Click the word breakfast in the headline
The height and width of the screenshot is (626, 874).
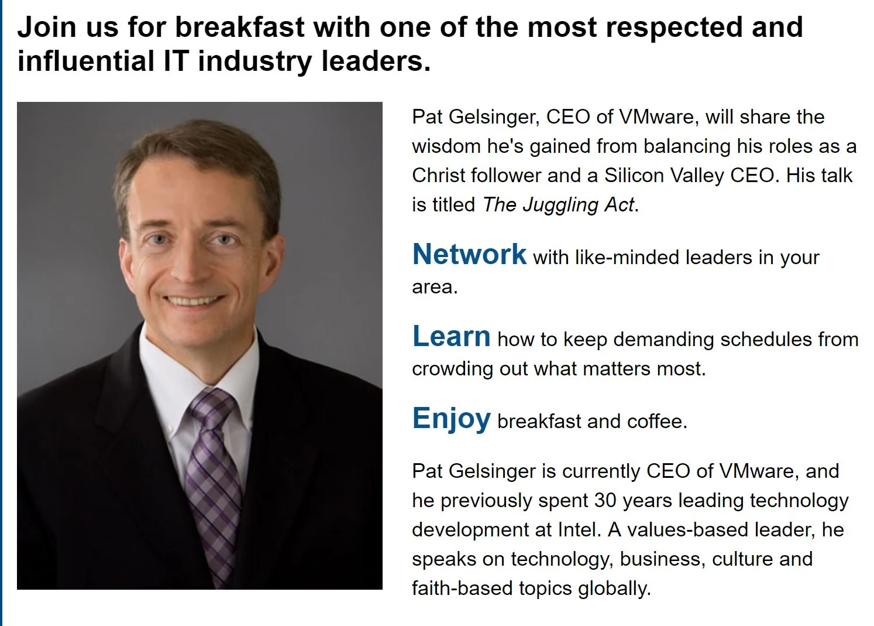pyautogui.click(x=239, y=27)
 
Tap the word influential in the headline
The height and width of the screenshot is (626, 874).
pyautogui.click(x=86, y=61)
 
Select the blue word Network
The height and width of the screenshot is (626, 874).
pyautogui.click(x=469, y=255)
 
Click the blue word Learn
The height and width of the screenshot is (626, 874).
pyautogui.click(x=451, y=337)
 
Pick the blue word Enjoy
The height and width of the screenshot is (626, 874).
pyautogui.click(x=451, y=419)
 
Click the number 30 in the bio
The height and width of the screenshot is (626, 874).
pyautogui.click(x=605, y=500)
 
